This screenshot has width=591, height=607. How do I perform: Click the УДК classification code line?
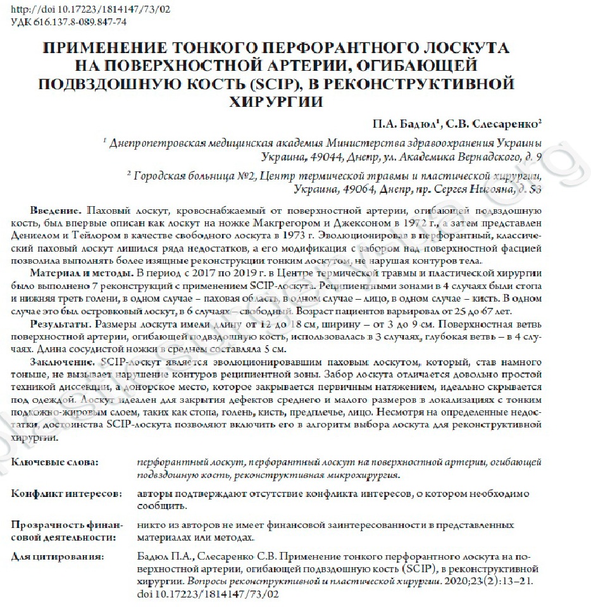tap(69, 22)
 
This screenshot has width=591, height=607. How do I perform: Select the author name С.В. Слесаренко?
tap(490, 122)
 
